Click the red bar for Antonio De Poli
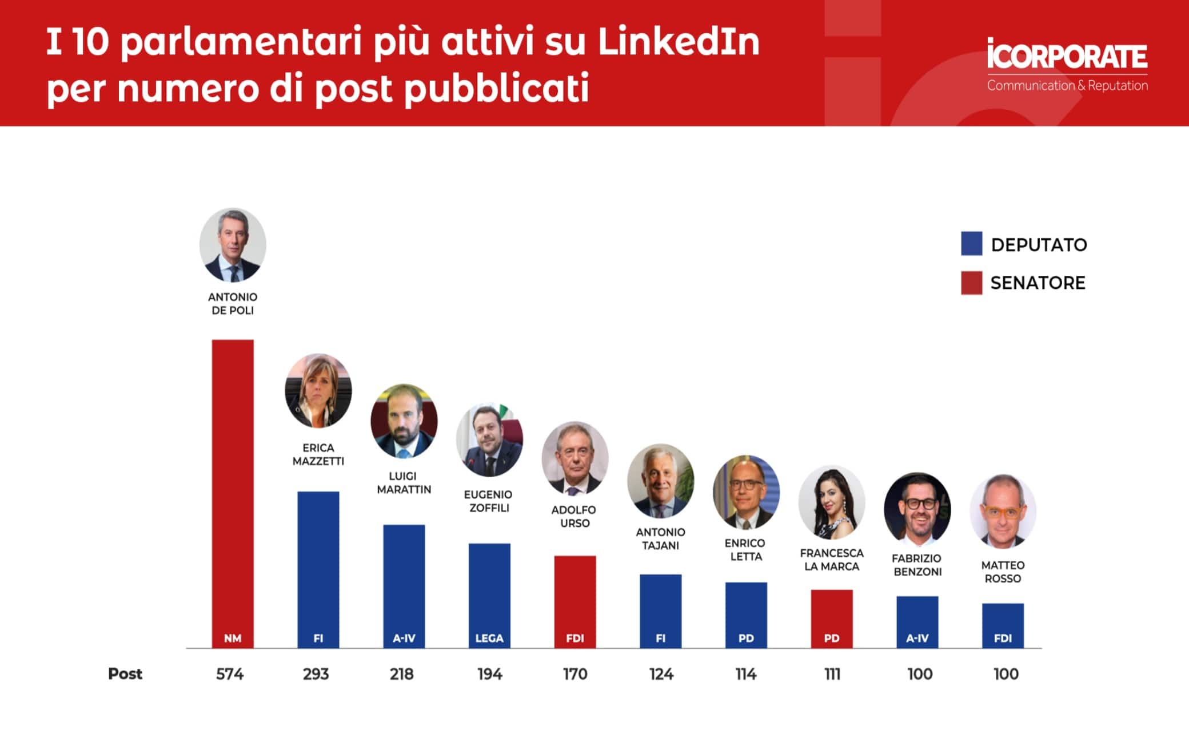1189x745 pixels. click(x=233, y=492)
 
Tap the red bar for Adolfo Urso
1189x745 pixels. click(x=575, y=601)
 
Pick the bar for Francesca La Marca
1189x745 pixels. click(x=832, y=618)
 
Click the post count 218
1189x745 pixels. click(x=402, y=674)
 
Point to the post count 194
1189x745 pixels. click(x=489, y=674)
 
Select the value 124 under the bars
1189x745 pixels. click(x=661, y=674)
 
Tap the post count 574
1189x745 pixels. click(x=230, y=674)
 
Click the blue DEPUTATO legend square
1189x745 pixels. click(x=971, y=243)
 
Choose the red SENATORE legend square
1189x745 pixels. click(x=971, y=283)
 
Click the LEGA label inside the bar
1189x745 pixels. click(x=489, y=638)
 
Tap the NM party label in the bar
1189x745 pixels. click(x=233, y=638)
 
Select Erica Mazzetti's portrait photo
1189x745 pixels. click(x=318, y=391)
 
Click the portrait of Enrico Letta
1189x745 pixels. click(x=746, y=492)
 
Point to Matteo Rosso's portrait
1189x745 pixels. click(x=1003, y=511)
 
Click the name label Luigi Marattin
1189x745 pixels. click(x=404, y=483)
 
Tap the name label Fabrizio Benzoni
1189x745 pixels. click(x=917, y=565)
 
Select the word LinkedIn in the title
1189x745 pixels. click(x=679, y=42)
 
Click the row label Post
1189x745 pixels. click(x=125, y=673)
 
